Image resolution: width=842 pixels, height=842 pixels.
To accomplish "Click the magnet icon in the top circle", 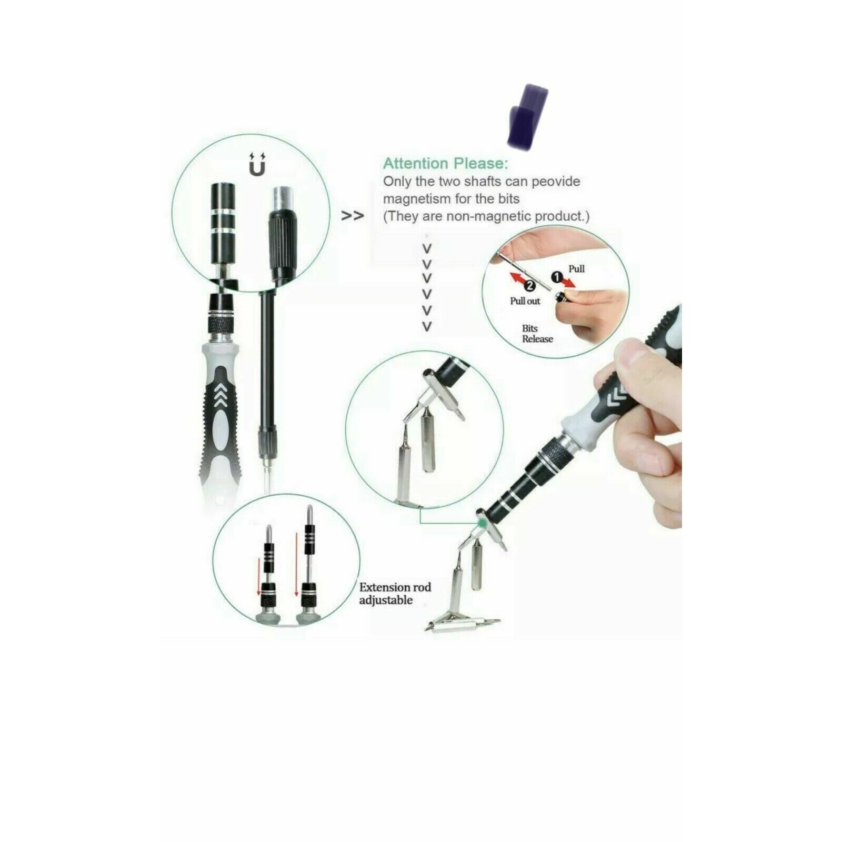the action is point(257,164).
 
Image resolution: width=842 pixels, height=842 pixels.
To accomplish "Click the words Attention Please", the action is point(446,163).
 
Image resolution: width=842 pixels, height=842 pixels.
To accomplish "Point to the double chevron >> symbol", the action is point(353,216).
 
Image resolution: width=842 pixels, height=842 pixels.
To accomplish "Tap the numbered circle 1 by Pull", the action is point(557,276).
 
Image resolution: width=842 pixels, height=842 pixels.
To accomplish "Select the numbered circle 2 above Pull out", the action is point(530,285).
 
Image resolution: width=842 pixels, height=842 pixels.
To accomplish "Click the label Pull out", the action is point(525,301).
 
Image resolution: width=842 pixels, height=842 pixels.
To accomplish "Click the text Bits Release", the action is point(537,334).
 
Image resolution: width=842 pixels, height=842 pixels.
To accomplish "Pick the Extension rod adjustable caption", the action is point(395,594).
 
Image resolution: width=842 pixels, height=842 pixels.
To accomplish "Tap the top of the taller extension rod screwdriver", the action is point(309,510).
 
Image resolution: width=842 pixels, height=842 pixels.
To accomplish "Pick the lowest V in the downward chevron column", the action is point(427,326).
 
